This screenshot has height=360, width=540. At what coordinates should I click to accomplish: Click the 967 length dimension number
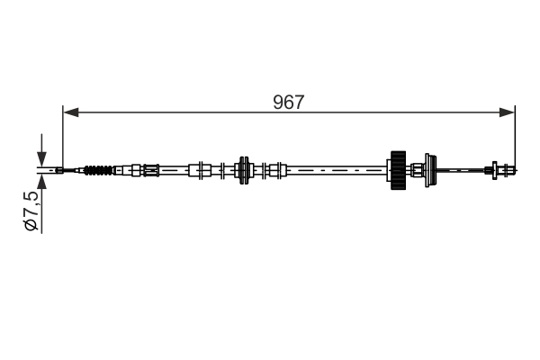(x=289, y=102)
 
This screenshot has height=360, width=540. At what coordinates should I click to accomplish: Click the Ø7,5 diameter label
(x=31, y=212)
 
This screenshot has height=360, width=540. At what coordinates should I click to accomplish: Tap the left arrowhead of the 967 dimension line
(x=68, y=112)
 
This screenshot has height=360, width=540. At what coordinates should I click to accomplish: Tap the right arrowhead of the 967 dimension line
(x=509, y=112)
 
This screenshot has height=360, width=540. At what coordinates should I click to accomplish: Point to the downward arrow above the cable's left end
(x=40, y=154)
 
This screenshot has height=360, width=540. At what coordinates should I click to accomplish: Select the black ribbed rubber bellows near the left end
(x=100, y=169)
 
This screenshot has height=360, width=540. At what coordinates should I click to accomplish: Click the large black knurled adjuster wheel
(x=396, y=168)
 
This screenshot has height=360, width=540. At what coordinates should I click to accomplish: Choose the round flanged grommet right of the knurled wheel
(x=429, y=168)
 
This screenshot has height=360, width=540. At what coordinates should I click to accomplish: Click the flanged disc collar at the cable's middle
(x=242, y=168)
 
